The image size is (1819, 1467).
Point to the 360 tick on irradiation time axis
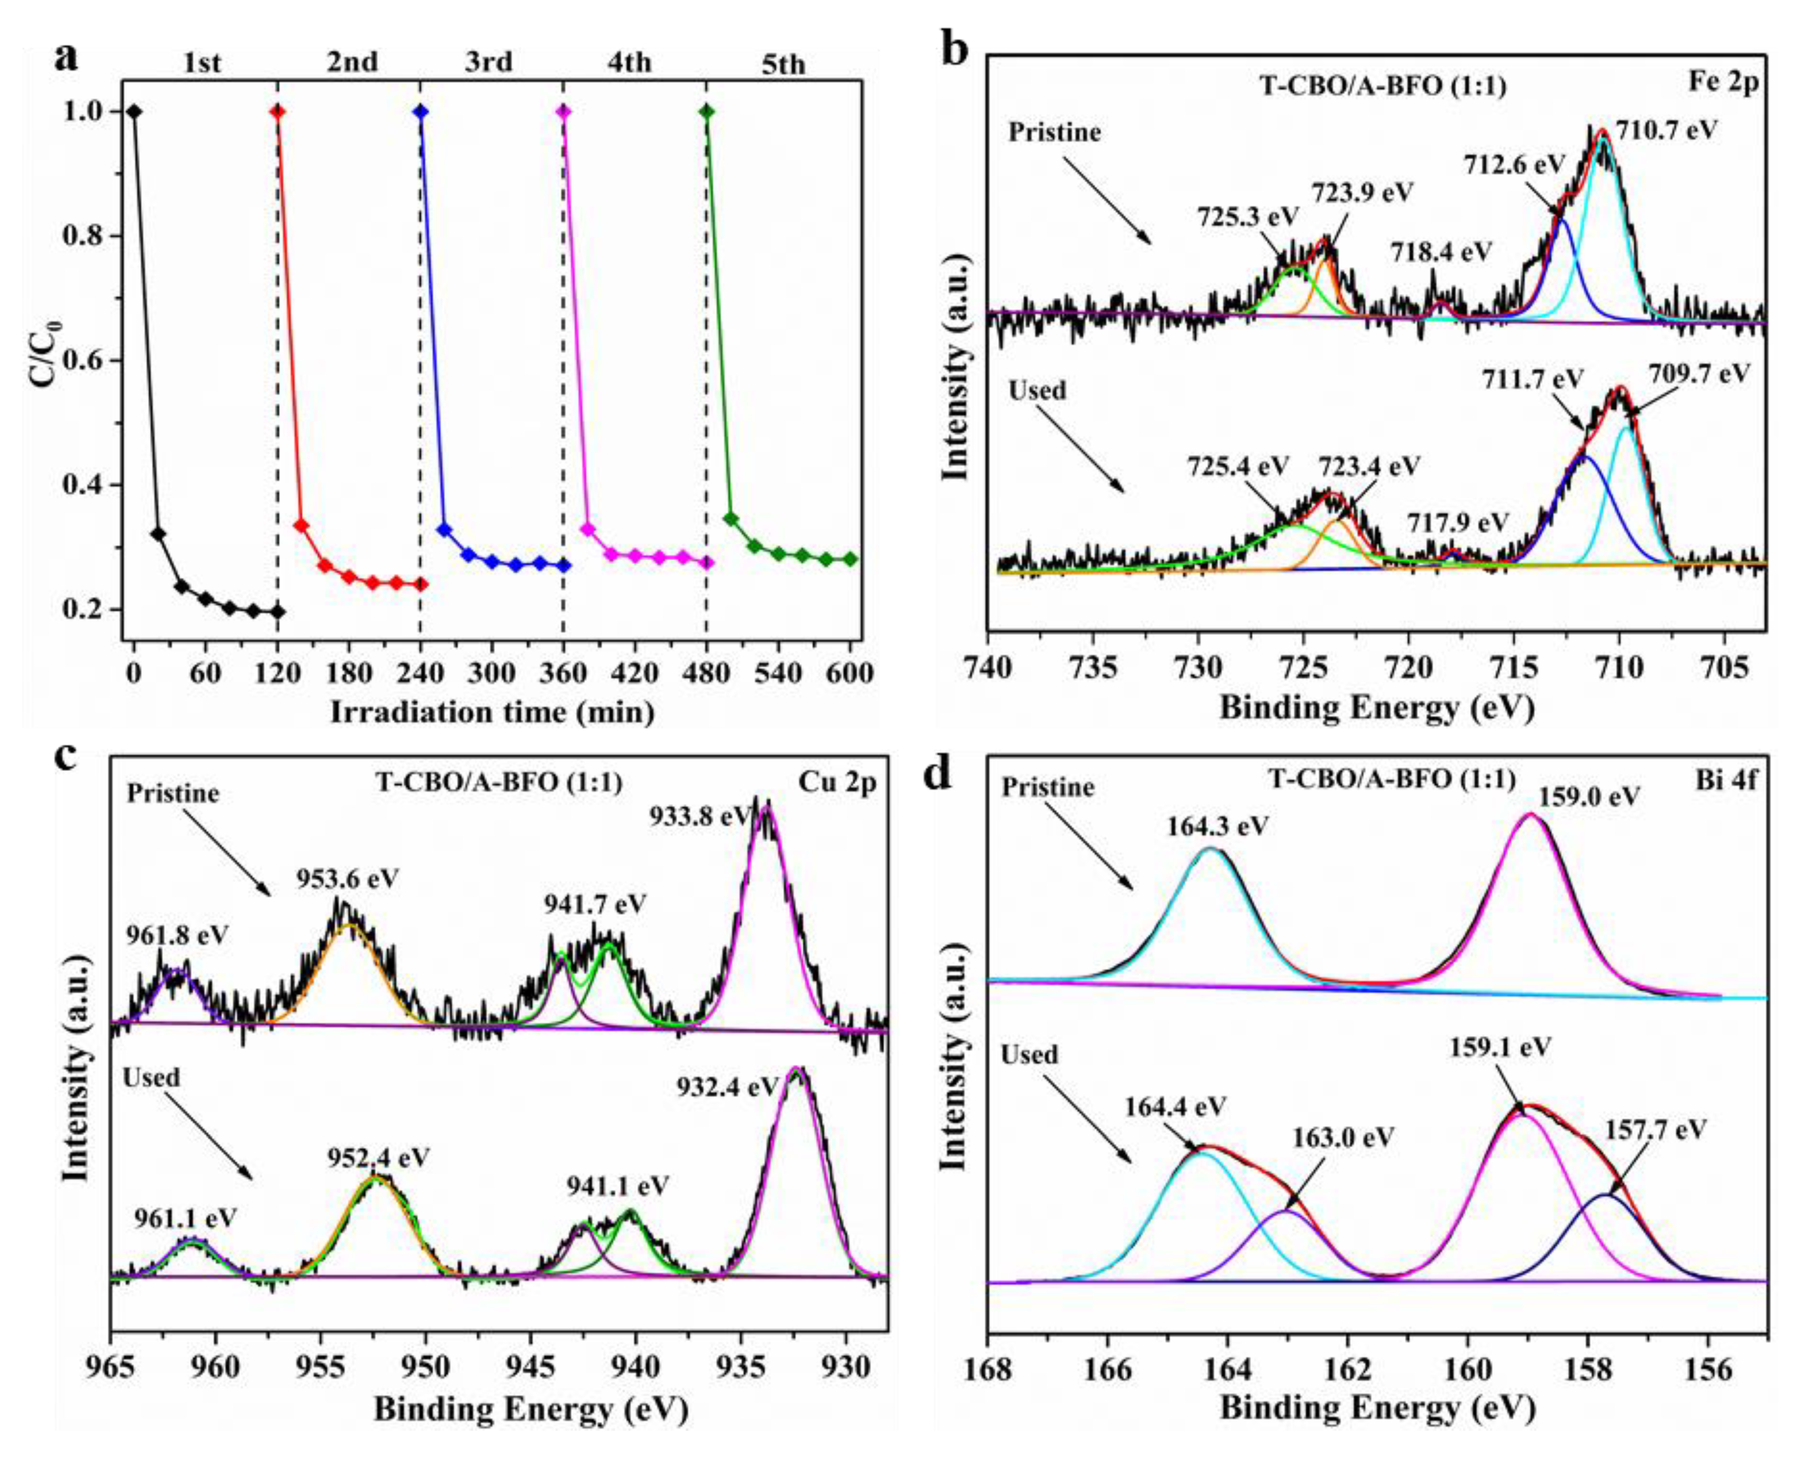point(563,674)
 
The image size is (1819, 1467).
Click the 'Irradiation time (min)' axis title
point(493,712)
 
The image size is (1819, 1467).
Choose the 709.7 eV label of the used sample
point(1699,373)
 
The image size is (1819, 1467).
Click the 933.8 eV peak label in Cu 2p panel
point(700,816)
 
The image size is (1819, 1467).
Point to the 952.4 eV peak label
point(378,1157)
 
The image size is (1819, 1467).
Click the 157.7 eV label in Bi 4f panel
point(1656,1129)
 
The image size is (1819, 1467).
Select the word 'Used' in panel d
point(1029,1054)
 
